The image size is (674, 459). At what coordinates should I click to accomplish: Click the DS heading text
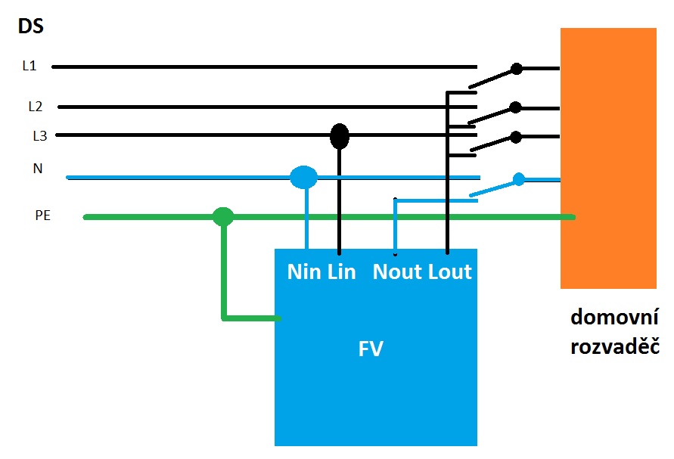pyautogui.click(x=30, y=28)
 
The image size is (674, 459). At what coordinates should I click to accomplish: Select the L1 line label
pyautogui.click(x=30, y=66)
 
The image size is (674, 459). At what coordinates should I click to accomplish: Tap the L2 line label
pyautogui.click(x=36, y=107)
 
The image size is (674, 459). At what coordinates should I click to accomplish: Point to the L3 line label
pyautogui.click(x=39, y=136)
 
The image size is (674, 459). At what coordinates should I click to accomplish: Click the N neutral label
pyautogui.click(x=37, y=169)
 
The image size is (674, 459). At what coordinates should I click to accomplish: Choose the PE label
pyautogui.click(x=43, y=216)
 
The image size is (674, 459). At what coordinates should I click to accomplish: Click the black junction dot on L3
pyautogui.click(x=340, y=136)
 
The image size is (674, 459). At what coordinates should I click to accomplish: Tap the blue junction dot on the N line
pyautogui.click(x=303, y=178)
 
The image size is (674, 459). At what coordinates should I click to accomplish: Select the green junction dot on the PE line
pyautogui.click(x=222, y=217)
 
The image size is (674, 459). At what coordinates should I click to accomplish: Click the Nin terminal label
pyautogui.click(x=304, y=272)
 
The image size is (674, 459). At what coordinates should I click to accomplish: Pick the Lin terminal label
pyautogui.click(x=341, y=272)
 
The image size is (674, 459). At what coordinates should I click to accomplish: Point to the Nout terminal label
pyautogui.click(x=398, y=272)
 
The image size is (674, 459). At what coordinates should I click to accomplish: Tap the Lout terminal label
pyautogui.click(x=450, y=272)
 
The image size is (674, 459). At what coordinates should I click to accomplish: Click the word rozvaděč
pyautogui.click(x=613, y=347)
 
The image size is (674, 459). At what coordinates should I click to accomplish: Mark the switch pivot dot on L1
pyautogui.click(x=517, y=69)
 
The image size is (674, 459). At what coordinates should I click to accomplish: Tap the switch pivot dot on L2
pyautogui.click(x=515, y=107)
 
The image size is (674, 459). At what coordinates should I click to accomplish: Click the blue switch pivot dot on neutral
pyautogui.click(x=519, y=179)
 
